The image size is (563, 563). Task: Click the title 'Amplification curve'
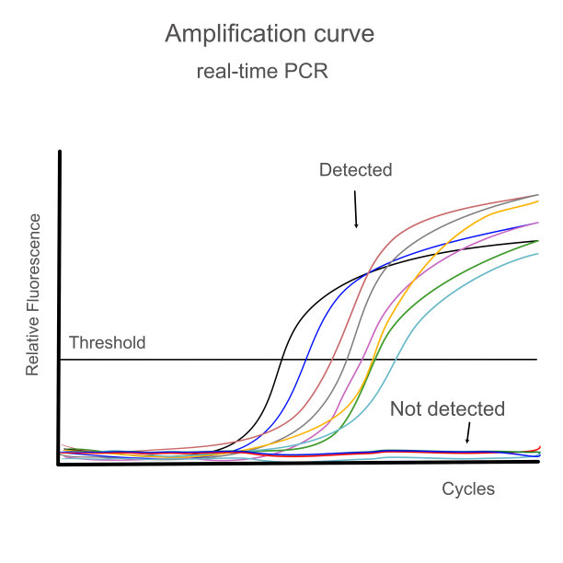point(270,34)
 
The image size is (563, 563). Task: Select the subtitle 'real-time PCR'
point(262,72)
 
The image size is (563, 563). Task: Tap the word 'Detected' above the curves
point(355,170)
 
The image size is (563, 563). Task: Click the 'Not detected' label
point(447,408)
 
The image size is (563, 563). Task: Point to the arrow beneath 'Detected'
point(354,213)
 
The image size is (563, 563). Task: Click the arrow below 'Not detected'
point(468,432)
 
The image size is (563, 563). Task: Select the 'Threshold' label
point(107,343)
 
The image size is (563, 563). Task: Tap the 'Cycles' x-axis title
point(468,488)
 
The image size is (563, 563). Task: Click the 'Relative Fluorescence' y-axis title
point(33,294)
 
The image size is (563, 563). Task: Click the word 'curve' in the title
point(343,34)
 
